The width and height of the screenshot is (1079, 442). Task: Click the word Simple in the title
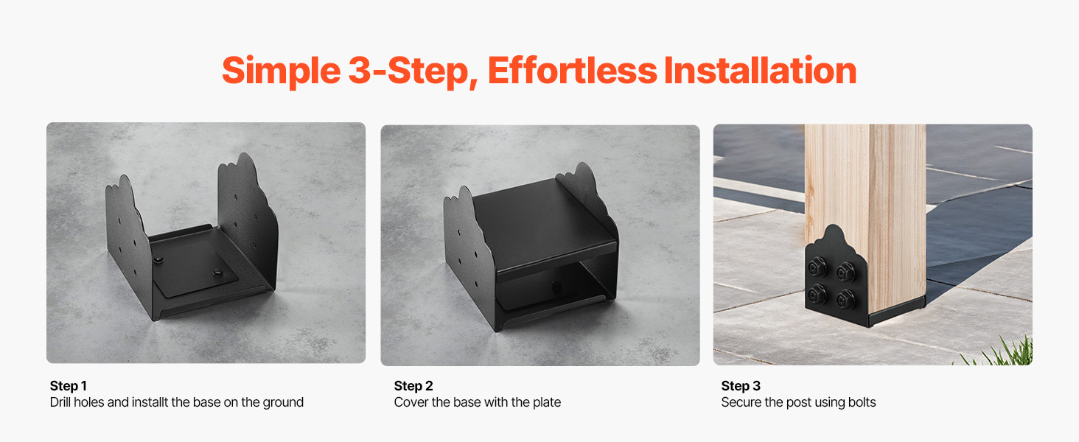(282, 71)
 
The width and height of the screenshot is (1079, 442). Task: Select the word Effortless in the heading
(572, 70)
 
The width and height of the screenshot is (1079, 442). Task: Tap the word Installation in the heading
(760, 70)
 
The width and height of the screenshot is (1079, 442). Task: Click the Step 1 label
(69, 386)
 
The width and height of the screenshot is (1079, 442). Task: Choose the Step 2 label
(413, 386)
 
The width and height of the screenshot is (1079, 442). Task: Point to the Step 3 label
(741, 386)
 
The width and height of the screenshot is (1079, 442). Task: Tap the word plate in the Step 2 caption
(546, 402)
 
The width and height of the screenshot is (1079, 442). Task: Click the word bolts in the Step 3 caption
(862, 402)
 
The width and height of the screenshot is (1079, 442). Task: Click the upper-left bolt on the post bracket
(817, 267)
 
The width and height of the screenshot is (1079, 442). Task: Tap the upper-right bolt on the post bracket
(845, 272)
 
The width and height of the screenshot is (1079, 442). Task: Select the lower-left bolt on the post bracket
(817, 293)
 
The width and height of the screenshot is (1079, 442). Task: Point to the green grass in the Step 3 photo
(1002, 353)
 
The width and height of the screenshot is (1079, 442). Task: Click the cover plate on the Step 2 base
(545, 226)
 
